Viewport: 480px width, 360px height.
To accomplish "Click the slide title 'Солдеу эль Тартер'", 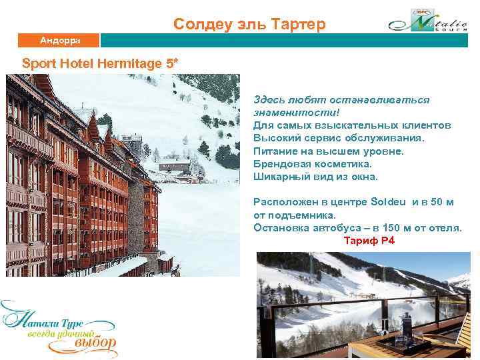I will (x=249, y=25).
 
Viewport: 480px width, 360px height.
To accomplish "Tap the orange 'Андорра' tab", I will (x=59, y=40).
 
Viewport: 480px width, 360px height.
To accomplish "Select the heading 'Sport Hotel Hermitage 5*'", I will (x=100, y=64).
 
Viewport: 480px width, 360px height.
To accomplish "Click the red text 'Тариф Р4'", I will (x=369, y=241).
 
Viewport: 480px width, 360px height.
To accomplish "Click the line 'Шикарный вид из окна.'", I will (x=315, y=177).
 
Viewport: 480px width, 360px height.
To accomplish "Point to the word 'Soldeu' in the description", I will (x=389, y=202).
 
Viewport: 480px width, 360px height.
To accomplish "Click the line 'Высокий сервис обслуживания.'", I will (x=338, y=138).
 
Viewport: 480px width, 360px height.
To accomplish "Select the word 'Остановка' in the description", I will (x=279, y=228).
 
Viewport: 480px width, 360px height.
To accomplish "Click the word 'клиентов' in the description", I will (x=429, y=125).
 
